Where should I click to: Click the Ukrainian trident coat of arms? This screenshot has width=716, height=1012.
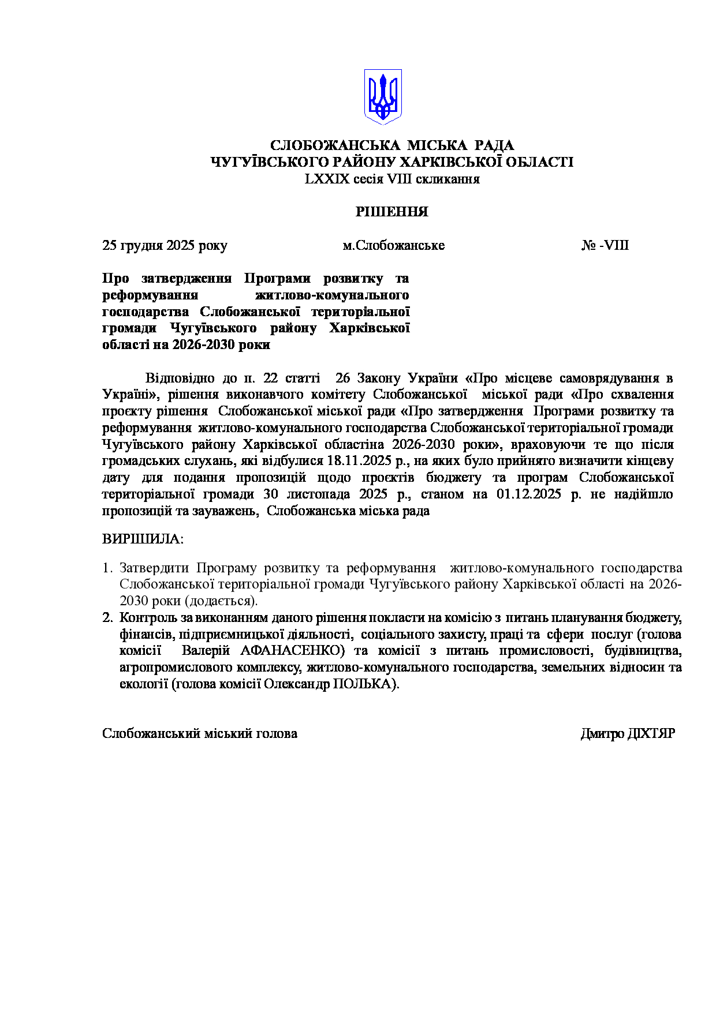tap(382, 96)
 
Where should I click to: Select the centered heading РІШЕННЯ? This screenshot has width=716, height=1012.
tap(391, 212)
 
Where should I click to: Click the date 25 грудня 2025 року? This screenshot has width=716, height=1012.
tap(165, 245)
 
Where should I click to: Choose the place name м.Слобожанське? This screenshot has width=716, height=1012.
tap(393, 245)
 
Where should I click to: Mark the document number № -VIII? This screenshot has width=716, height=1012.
tap(605, 245)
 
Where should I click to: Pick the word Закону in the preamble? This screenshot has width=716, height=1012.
tap(379, 378)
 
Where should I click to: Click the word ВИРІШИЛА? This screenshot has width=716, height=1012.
tap(141, 539)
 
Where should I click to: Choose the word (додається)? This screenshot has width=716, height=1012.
tap(221, 601)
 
